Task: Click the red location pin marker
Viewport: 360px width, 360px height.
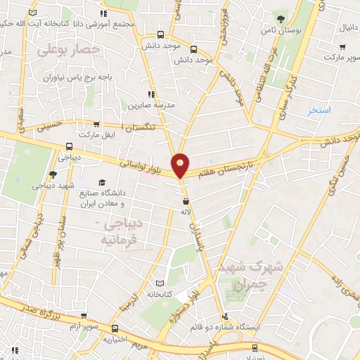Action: pos(181,165)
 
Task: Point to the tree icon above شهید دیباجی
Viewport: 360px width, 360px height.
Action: pos(53,175)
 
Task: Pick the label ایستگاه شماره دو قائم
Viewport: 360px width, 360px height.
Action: pos(225,328)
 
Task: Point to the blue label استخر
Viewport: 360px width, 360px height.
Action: pos(319,111)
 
